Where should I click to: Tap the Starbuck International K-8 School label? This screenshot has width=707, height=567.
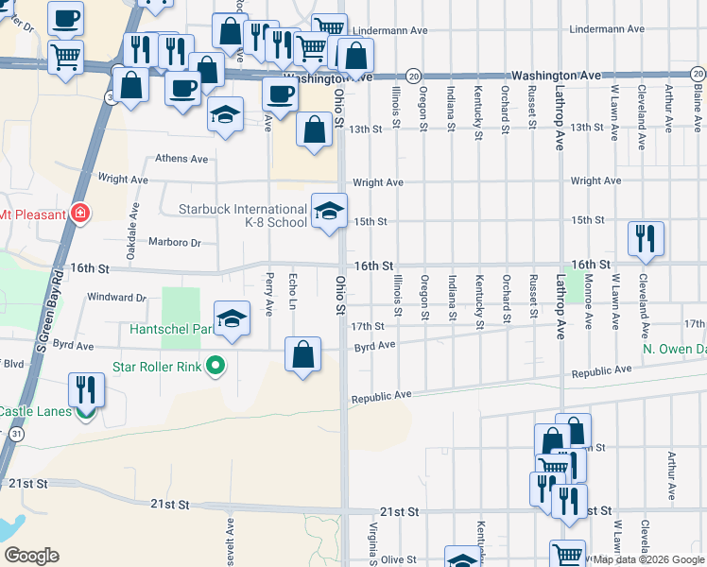click(243, 215)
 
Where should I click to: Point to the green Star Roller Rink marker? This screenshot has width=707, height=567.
click(216, 366)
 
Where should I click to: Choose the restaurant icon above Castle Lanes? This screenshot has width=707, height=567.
click(86, 389)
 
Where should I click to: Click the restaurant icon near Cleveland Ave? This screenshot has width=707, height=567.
click(646, 238)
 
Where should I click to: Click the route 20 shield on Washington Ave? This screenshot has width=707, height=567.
click(413, 75)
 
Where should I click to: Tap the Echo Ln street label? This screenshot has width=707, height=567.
click(293, 290)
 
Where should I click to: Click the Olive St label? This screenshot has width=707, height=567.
click(398, 559)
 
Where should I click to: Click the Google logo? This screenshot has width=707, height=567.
click(31, 556)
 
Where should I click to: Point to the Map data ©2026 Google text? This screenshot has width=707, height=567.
click(649, 559)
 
